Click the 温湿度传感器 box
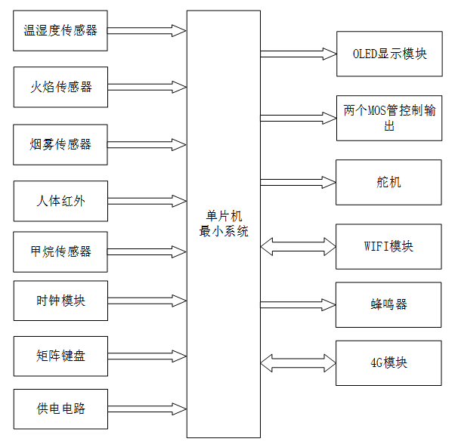[x=60, y=31]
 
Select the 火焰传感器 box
[x=60, y=87]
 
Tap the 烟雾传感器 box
[x=60, y=143]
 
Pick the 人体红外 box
[x=60, y=201]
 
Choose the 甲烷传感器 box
[x=60, y=251]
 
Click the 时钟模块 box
[x=60, y=301]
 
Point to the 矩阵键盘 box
[x=60, y=355]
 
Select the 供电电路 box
[x=60, y=409]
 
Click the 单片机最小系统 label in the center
[x=223, y=224]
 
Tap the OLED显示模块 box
[x=389, y=54]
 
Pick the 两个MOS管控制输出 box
[x=389, y=118]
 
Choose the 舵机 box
[x=389, y=182]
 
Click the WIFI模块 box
[x=389, y=246]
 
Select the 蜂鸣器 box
[x=389, y=304]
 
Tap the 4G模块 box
[x=389, y=362]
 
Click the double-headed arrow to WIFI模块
[x=298, y=246]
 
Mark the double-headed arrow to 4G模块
[x=298, y=362]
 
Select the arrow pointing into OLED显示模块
[x=298, y=54]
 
